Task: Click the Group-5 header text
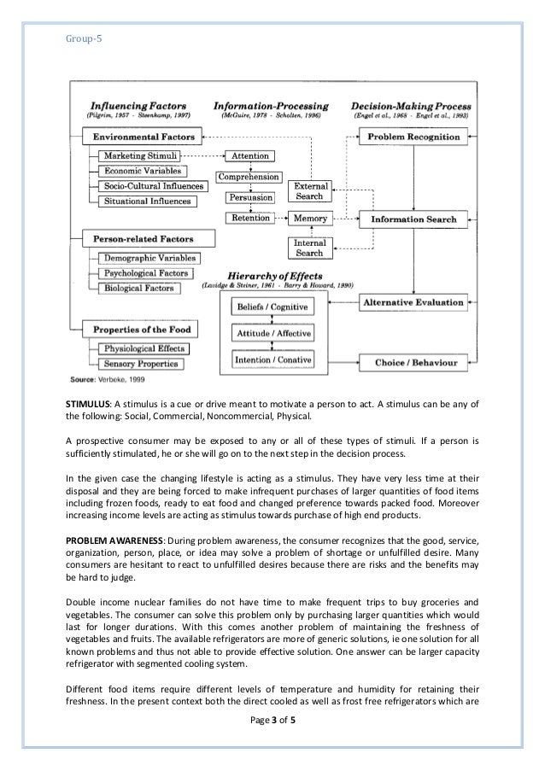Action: click(x=82, y=38)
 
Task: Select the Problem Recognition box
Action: click(x=412, y=137)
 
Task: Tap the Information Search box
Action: click(x=413, y=219)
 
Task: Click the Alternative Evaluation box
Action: click(x=413, y=301)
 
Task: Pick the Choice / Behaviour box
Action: click(x=413, y=363)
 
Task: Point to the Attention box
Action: click(x=249, y=156)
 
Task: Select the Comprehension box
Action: click(x=249, y=177)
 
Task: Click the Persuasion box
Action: click(x=249, y=198)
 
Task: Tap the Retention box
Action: click(x=249, y=219)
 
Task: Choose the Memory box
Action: click(x=310, y=219)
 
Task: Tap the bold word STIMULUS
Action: click(x=91, y=404)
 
